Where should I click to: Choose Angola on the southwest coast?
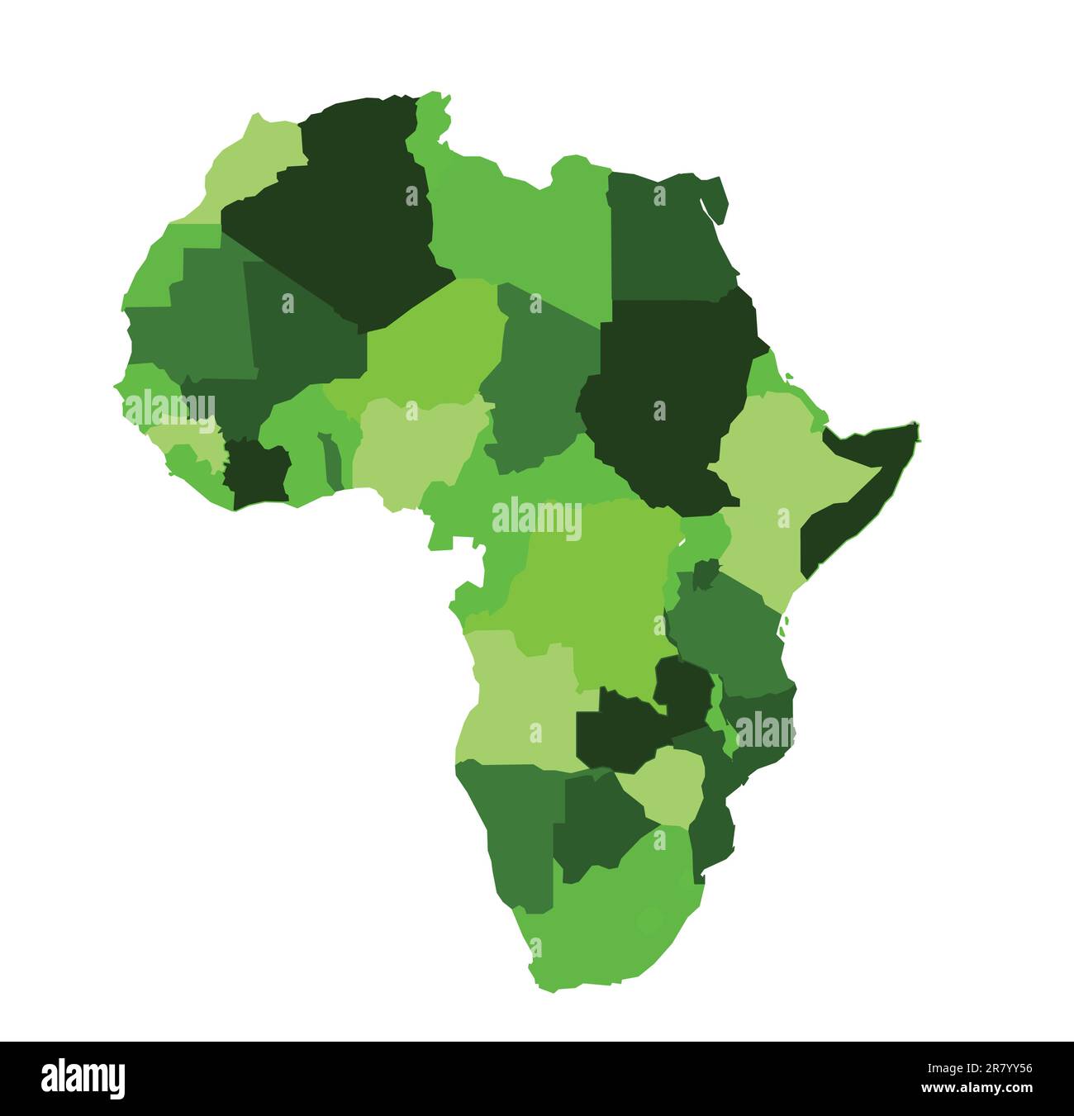click(x=520, y=702)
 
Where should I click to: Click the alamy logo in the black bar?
click(x=83, y=1078)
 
